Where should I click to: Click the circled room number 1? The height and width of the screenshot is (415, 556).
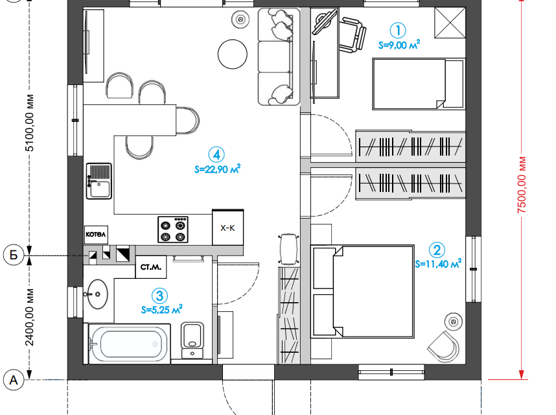tap(397, 30)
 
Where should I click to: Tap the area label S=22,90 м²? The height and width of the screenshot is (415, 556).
tap(217, 169)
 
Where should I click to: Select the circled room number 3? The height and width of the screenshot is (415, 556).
tap(159, 296)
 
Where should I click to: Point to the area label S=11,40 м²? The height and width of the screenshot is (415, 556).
tap(438, 263)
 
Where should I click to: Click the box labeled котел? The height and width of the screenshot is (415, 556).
tap(96, 235)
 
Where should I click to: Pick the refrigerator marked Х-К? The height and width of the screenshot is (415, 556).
tap(227, 228)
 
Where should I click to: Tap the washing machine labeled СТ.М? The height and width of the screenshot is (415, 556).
tap(151, 267)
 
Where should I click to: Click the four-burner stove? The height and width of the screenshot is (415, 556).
tap(172, 230)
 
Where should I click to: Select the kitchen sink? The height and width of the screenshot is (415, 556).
tap(99, 181)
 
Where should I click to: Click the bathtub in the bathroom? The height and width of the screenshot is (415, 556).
tap(130, 344)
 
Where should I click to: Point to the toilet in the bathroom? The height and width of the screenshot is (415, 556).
tap(192, 340)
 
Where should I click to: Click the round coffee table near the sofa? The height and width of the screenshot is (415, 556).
tap(232, 54)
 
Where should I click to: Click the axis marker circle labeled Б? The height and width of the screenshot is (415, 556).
tap(14, 255)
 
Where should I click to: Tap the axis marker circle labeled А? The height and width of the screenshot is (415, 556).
tap(14, 380)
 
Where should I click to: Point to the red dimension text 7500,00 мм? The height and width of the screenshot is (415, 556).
tap(522, 184)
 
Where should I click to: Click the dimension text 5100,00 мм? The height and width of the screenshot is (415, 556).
tap(30, 123)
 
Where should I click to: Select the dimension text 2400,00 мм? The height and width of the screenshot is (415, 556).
tap(30, 317)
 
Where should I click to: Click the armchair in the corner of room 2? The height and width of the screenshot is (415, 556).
tap(444, 346)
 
